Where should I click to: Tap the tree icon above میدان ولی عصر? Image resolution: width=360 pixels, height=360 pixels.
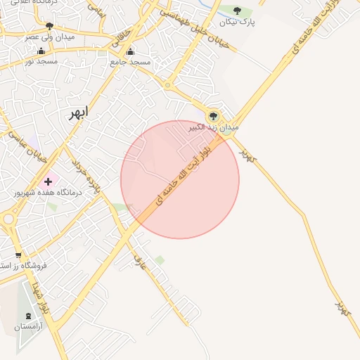pyautogui.click(x=49, y=25)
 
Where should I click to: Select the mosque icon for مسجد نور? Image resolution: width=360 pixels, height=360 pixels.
pyautogui.click(x=41, y=51)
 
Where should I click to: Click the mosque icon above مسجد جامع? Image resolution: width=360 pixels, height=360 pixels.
pyautogui.click(x=130, y=51)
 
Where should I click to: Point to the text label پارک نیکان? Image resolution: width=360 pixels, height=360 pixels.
pyautogui.click(x=237, y=22)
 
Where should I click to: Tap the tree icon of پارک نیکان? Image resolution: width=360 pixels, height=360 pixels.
pyautogui.click(x=238, y=11)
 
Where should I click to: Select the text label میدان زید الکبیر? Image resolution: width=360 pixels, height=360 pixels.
pyautogui.click(x=214, y=128)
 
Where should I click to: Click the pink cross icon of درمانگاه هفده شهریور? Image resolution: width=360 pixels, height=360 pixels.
pyautogui.click(x=48, y=181)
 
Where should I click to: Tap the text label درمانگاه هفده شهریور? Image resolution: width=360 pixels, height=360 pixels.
pyautogui.click(x=49, y=192)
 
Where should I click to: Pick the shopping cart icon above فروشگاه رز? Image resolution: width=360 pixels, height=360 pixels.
pyautogui.click(x=18, y=255)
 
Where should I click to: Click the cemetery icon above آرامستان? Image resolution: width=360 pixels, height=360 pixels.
pyautogui.click(x=28, y=316)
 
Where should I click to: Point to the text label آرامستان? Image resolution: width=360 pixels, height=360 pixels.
pyautogui.click(x=28, y=327)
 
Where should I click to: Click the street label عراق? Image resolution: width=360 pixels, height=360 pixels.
pyautogui.click(x=140, y=263)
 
